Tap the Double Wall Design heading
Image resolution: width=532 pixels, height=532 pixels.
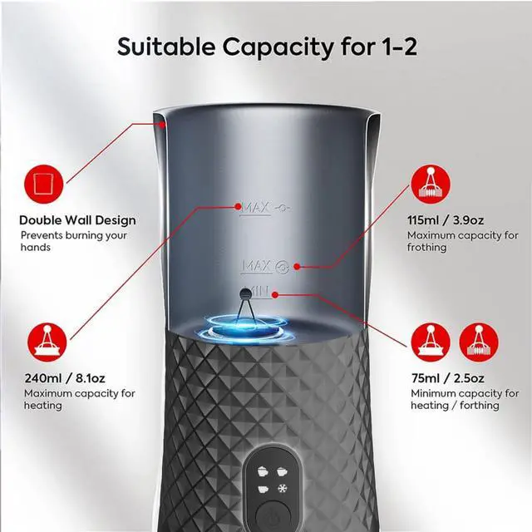pos(77,220)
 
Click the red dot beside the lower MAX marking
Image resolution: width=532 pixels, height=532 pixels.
pos(296,267)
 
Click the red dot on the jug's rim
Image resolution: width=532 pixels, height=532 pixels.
pos(164,122)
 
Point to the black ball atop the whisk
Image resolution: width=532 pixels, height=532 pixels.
pos(244,293)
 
